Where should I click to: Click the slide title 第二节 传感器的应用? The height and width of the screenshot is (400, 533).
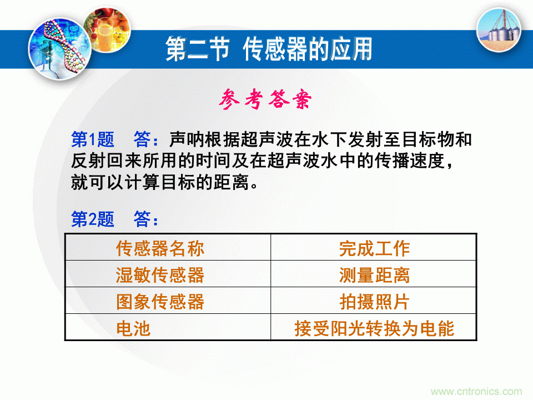click(x=269, y=49)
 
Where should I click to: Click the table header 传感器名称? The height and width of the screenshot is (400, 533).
click(x=160, y=248)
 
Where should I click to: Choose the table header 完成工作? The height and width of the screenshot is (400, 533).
click(x=374, y=248)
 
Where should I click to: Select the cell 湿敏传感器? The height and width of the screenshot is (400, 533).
click(x=160, y=274)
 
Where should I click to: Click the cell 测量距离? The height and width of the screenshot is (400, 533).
click(x=374, y=274)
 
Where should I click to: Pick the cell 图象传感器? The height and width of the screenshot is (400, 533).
click(x=160, y=301)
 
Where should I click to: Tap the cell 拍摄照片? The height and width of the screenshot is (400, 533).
click(x=374, y=301)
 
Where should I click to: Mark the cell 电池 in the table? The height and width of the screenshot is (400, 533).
click(x=133, y=328)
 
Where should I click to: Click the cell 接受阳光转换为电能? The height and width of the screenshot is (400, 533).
click(x=374, y=328)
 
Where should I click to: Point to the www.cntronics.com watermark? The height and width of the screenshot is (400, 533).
click(x=476, y=391)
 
